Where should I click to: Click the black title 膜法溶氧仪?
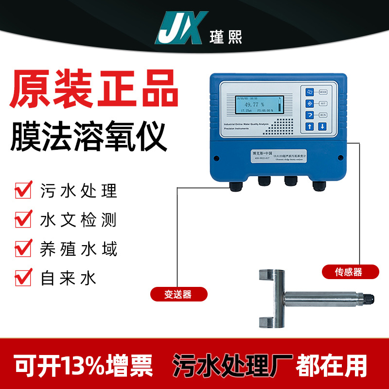(x=89, y=131)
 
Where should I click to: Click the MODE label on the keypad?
(x=323, y=91)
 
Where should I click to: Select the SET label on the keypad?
(x=322, y=103)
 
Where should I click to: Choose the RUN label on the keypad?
(x=322, y=115)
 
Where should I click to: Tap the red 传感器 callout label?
(x=349, y=271)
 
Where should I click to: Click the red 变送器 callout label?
(x=178, y=294)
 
